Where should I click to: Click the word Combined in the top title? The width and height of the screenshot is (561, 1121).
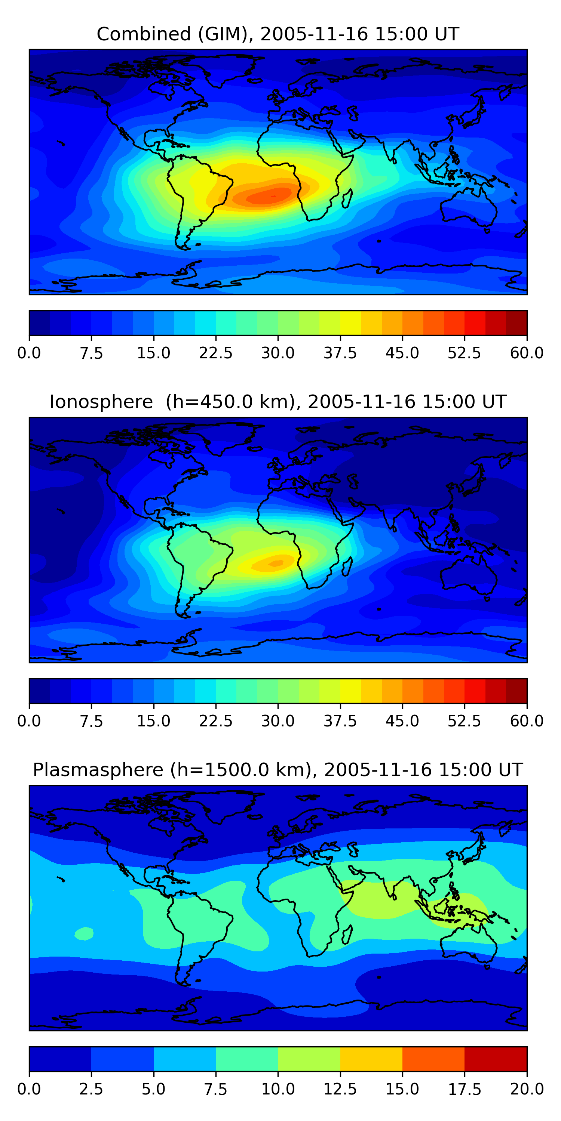click(x=144, y=34)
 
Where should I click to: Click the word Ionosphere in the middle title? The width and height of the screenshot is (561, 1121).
click(x=101, y=401)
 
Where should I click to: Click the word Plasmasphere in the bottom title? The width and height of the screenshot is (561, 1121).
click(x=98, y=770)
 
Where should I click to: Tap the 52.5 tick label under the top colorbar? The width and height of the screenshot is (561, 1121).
click(x=464, y=352)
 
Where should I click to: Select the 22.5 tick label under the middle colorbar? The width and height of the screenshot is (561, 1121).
click(x=215, y=721)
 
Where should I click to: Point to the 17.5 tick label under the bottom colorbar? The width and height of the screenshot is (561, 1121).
click(x=464, y=1089)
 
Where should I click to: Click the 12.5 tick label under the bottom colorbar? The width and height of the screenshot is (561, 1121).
click(x=340, y=1089)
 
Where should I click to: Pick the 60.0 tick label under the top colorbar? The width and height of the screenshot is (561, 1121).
click(x=527, y=352)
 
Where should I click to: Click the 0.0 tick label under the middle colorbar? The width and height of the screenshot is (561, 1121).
click(x=29, y=721)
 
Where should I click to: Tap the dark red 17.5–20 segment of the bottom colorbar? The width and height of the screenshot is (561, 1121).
click(x=496, y=1059)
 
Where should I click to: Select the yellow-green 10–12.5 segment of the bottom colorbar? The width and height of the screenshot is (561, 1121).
click(x=309, y=1059)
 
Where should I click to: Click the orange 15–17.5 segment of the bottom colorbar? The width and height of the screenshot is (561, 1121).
click(x=433, y=1059)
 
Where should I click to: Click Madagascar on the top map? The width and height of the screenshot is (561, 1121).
click(x=347, y=198)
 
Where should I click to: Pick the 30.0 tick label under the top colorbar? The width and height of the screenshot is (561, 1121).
click(x=278, y=352)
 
